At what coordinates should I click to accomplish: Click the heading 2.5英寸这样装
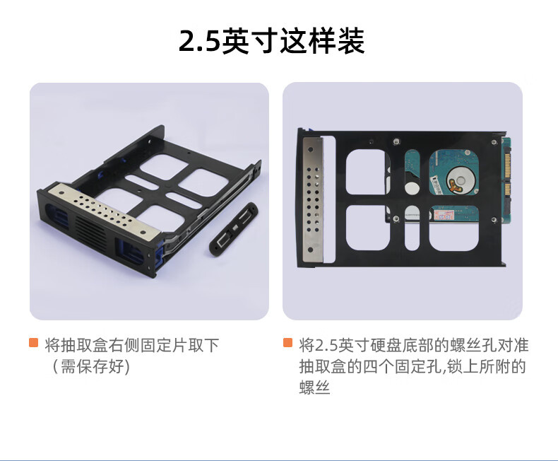pos(271,41)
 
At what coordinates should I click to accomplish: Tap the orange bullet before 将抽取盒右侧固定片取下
pos(33,342)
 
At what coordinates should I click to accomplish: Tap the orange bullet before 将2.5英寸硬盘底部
pos(287,342)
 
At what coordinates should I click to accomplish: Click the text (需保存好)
pos(91,366)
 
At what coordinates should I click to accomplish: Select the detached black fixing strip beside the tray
pos(234,228)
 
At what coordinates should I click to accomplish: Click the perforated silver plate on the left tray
pos(103,209)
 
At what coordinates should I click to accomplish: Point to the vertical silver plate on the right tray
pos(312,200)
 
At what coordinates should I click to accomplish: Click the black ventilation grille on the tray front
pos(90,232)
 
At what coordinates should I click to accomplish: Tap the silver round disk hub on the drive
pos(461,179)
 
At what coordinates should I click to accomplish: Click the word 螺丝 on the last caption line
pos(314,387)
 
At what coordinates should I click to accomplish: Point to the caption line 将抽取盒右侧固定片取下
pos(131,345)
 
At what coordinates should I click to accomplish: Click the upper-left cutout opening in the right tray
pos(367,172)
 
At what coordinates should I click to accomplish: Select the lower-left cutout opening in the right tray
pos(367,228)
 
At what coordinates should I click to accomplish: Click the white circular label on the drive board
pos(412,188)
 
